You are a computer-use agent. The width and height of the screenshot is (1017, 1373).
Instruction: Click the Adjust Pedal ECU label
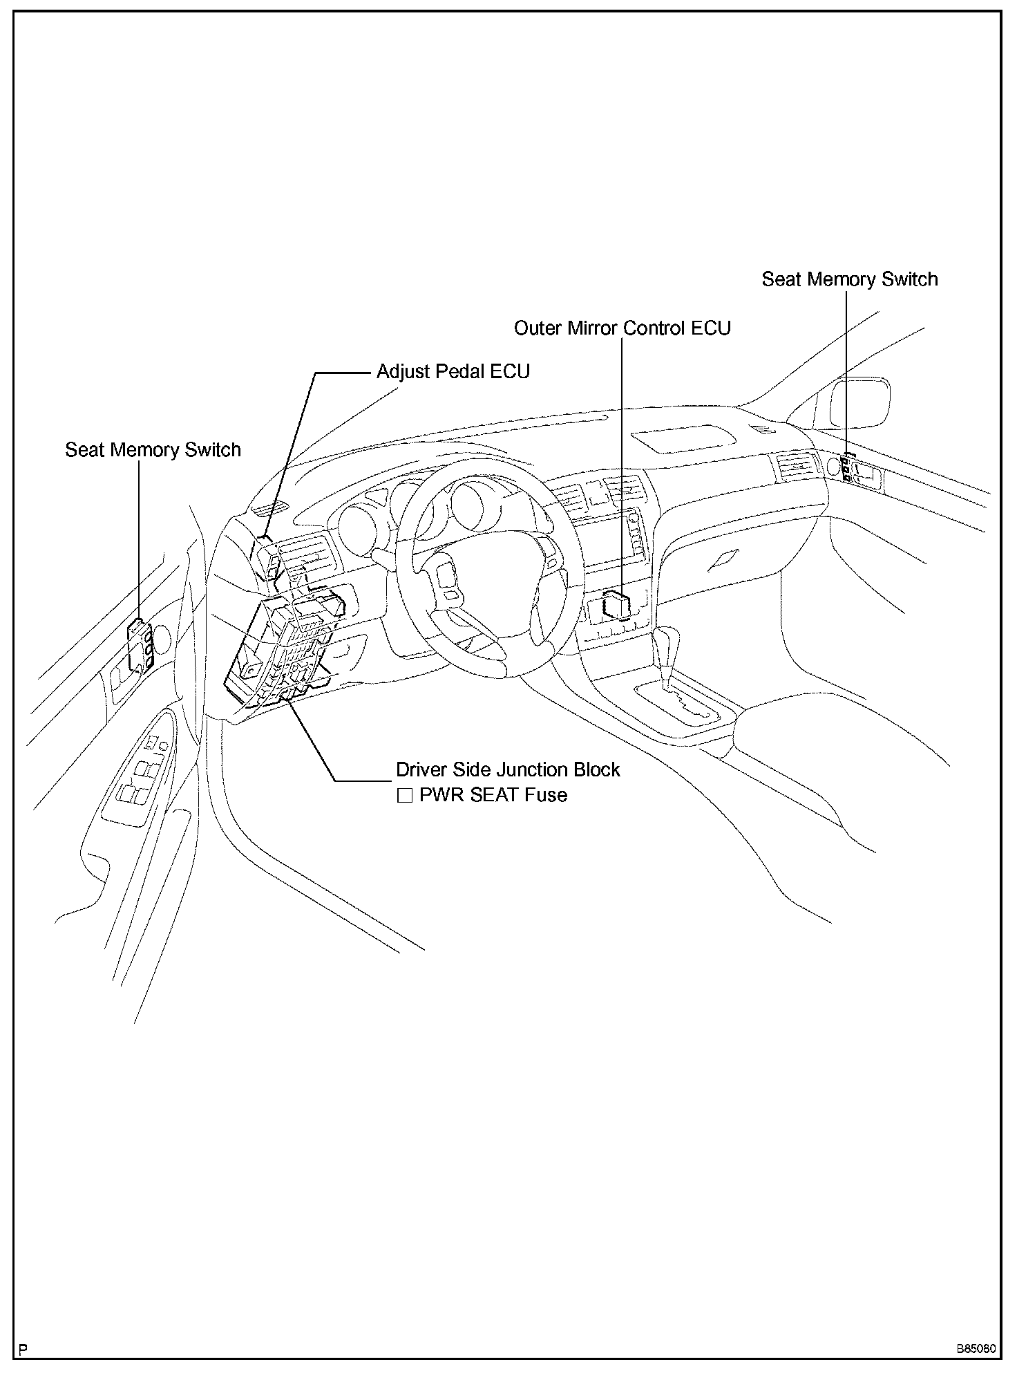(453, 372)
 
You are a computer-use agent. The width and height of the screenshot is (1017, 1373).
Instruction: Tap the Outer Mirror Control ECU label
(622, 328)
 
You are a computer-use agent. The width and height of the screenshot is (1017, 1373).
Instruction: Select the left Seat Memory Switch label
(153, 450)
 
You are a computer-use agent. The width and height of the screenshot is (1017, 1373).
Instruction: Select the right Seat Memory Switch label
(849, 279)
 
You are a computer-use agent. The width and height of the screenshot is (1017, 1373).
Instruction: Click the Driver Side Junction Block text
(508, 770)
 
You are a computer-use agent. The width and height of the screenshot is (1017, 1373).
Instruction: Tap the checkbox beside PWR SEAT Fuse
(404, 796)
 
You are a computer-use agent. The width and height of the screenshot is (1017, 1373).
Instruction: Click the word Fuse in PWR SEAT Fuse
(545, 795)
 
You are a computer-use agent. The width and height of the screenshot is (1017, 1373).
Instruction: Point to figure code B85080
(976, 1349)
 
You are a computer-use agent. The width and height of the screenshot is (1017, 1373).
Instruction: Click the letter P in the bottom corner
(23, 1349)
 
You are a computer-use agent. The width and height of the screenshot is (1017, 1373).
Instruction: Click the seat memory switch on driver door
(140, 646)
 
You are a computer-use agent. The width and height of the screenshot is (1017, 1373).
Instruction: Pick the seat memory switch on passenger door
(846, 469)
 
